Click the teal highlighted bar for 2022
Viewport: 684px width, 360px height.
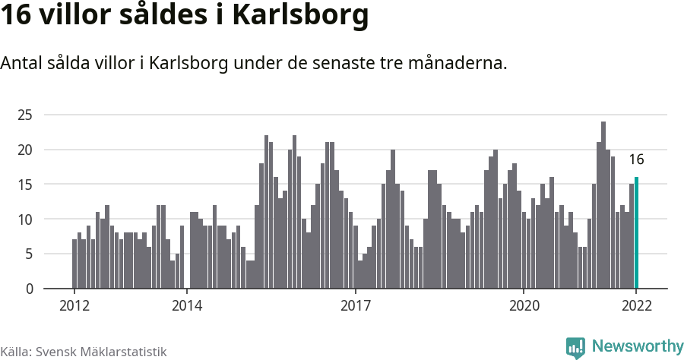[x=636, y=233]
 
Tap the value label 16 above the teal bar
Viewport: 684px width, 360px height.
[x=636, y=159]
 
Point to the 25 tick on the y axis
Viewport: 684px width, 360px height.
[x=26, y=115]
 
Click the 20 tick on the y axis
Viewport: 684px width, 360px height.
[x=26, y=150]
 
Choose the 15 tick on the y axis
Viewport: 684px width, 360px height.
[x=26, y=185]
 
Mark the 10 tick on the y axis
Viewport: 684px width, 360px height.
[x=26, y=219]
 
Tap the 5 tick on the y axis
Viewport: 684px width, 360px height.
[x=29, y=254]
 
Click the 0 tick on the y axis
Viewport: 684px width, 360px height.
[x=29, y=289]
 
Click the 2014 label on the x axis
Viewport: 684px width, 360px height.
[x=187, y=306]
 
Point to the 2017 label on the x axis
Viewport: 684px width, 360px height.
[x=355, y=306]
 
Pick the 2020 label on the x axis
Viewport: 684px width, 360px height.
[x=524, y=306]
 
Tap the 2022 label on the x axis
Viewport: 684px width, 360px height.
[x=636, y=306]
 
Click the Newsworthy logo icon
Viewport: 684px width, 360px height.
[x=575, y=347]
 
